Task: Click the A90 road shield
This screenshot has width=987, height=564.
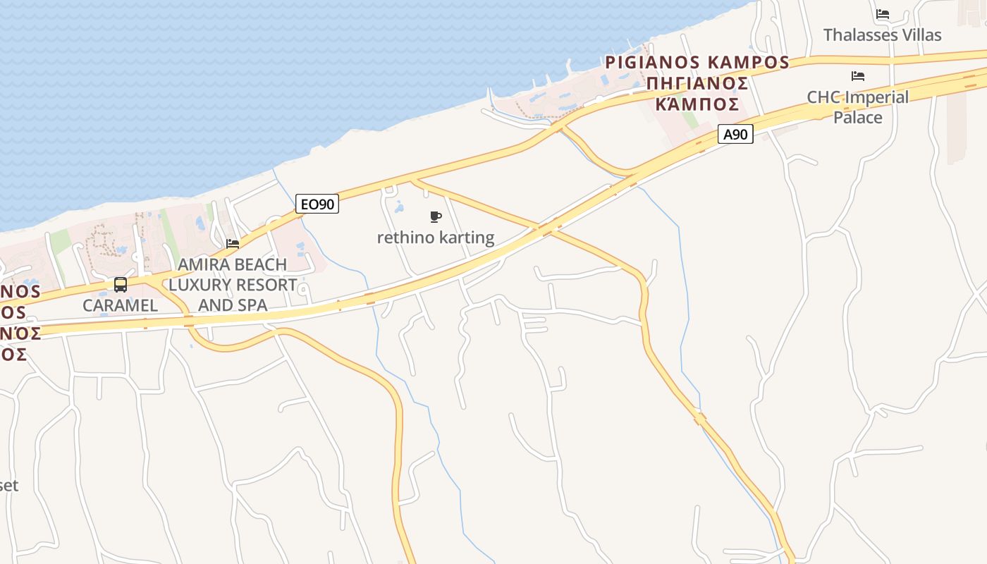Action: coord(735,134)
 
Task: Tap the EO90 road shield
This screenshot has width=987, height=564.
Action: coord(317,204)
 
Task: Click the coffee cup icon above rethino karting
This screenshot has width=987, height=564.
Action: coord(436,216)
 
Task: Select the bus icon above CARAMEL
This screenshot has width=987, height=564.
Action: coord(121,285)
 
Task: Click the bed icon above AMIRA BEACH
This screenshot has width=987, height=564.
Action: coord(233,244)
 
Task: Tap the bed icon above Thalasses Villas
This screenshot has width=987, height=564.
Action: coord(883,14)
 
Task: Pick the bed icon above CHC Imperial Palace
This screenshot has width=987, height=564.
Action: coord(858,76)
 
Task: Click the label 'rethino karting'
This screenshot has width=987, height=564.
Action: coord(436,238)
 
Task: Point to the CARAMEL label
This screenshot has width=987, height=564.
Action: coord(120,305)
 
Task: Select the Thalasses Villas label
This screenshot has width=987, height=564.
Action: coord(882,35)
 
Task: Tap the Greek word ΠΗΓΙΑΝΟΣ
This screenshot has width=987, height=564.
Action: coord(697,83)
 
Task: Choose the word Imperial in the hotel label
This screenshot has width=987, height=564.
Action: coord(873,97)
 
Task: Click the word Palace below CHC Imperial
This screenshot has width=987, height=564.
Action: coord(858,117)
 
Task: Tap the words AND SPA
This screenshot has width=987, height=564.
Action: coord(233,305)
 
